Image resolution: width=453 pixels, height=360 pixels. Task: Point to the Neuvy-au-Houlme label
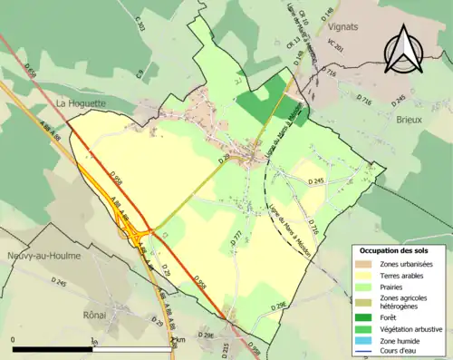[x=42, y=256]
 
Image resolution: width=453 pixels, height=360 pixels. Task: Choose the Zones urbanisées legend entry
[x=408, y=263]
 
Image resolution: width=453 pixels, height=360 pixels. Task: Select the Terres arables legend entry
[x=404, y=276]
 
